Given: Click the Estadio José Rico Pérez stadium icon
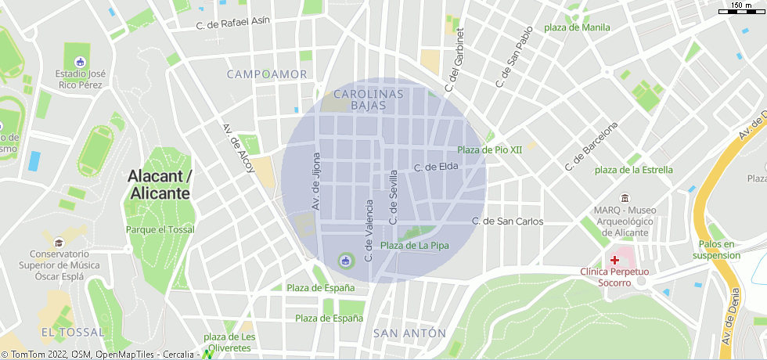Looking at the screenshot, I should pos(80,61).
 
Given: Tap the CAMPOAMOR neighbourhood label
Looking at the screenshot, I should pos(267,74).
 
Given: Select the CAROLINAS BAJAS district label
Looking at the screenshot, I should pos(368,99).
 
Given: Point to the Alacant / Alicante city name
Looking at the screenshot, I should pos(160,185).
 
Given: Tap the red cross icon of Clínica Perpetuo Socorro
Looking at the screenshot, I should pos(615,259).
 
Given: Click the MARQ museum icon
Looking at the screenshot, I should pos(624,197).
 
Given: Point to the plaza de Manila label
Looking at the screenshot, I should pos(577,27).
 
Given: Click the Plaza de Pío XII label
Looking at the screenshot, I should pos(489,149).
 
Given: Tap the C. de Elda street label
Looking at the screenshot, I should pos(435,167).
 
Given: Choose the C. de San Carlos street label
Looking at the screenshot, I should pos(507,221).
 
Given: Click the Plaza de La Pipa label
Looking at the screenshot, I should pos(415,246).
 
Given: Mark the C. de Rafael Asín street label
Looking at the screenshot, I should pos(233,24).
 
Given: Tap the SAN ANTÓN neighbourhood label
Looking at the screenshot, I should pos(409,333).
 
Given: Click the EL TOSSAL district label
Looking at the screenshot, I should pos(72,333).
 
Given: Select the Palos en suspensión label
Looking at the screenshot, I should pos(716,250).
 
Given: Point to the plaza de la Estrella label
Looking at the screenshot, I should pos(633,170).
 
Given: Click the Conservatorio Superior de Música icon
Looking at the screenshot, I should pos(59,242).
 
